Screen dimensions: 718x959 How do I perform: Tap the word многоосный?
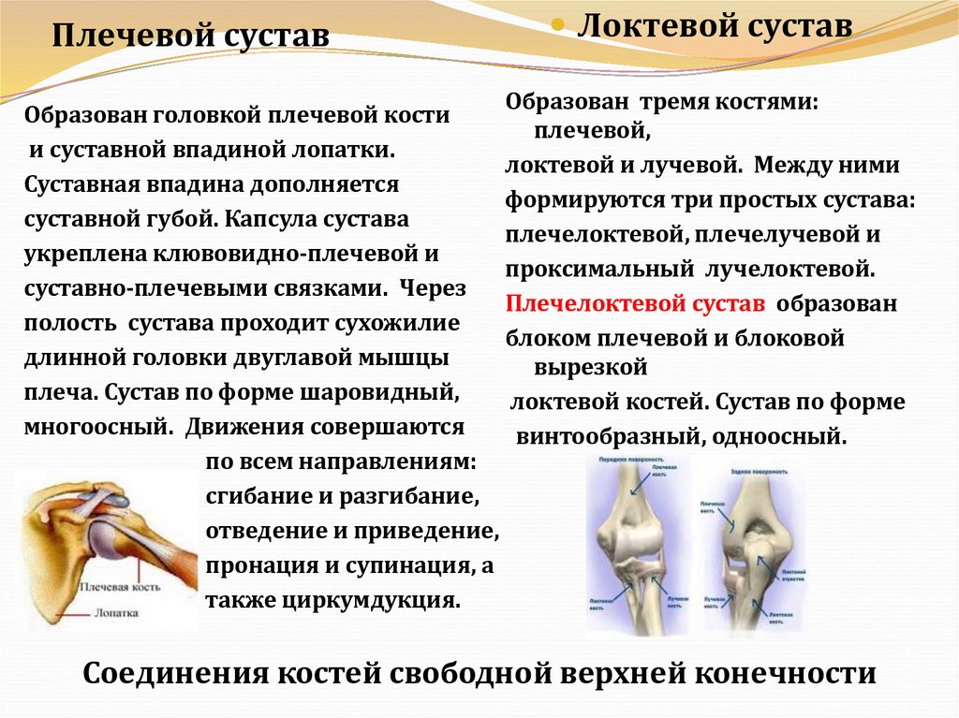click(x=96, y=428)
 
